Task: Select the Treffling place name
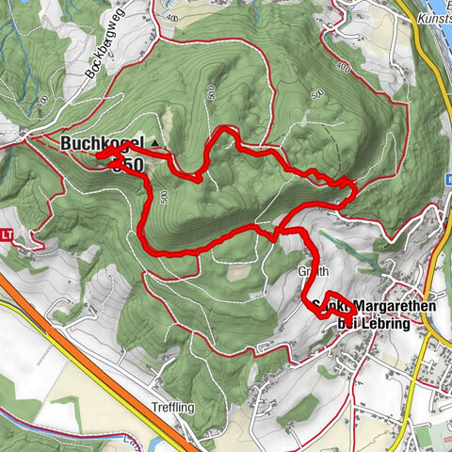pyautogui.click(x=149, y=408)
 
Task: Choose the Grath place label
pyautogui.click(x=315, y=270)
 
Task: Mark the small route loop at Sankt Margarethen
pyautogui.click(x=330, y=308)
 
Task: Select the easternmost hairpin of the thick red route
pyautogui.click(x=352, y=192)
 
